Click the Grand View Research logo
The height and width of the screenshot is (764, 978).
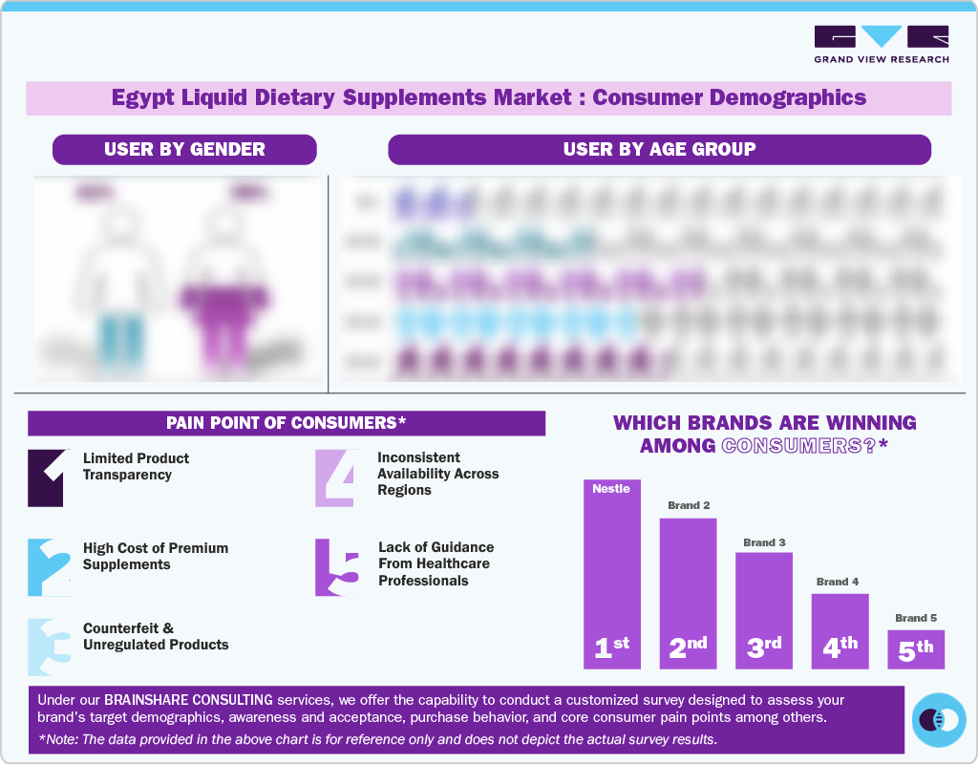pyautogui.click(x=881, y=44)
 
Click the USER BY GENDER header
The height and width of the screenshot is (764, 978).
pyautogui.click(x=184, y=149)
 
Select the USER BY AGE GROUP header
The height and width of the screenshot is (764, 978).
pyautogui.click(x=659, y=149)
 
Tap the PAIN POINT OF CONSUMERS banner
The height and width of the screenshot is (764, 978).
pyautogui.click(x=287, y=423)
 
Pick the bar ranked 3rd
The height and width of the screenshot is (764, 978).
pyautogui.click(x=764, y=611)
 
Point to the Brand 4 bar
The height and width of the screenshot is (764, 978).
pyautogui.click(x=840, y=631)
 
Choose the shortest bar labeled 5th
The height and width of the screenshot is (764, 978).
pyautogui.click(x=916, y=649)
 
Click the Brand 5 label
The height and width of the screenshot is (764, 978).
pyautogui.click(x=916, y=618)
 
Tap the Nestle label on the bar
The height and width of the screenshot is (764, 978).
pyautogui.click(x=611, y=489)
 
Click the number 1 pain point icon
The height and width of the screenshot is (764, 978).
pyautogui.click(x=46, y=477)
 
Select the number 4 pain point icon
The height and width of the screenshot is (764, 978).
pyautogui.click(x=336, y=477)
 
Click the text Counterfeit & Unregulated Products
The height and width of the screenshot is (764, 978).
pyautogui.click(x=156, y=637)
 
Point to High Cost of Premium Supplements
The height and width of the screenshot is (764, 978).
pyautogui.click(x=156, y=556)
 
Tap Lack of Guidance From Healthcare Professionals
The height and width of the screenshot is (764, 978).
pyautogui.click(x=436, y=563)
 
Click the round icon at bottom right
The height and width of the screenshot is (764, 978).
pyautogui.click(x=939, y=719)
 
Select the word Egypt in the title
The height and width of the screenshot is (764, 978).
pyautogui.click(x=138, y=97)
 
